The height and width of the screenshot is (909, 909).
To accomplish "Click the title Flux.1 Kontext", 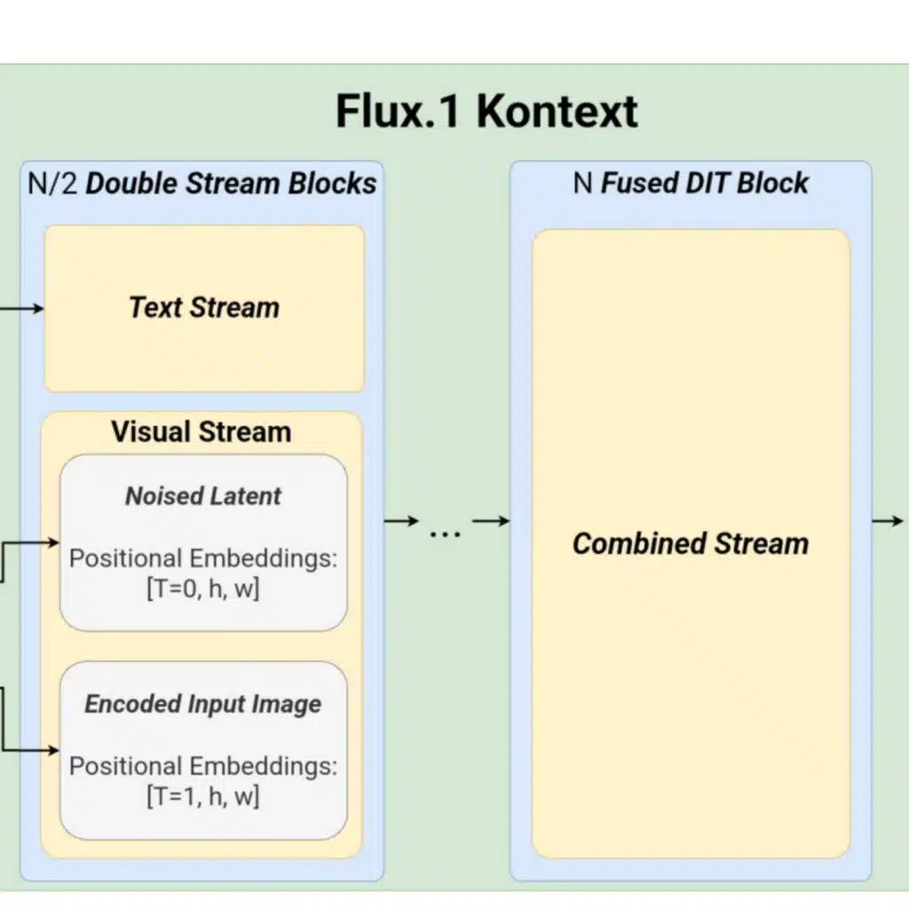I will point(486,112).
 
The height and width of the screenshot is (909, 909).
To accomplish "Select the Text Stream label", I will point(204,307).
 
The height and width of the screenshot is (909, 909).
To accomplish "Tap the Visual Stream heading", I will point(201,431).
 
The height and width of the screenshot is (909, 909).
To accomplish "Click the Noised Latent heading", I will point(202,495).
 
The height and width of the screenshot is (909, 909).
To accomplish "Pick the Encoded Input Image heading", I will point(202,704).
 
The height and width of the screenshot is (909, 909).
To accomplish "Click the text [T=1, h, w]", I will point(202,796).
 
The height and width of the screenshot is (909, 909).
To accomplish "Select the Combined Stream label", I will point(691,543).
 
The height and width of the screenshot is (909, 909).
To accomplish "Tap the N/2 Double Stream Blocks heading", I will point(202,183).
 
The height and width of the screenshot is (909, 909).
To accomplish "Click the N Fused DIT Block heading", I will point(691,183).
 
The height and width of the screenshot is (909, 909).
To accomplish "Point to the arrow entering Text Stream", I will point(22,308).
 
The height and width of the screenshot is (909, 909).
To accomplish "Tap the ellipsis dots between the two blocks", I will point(445,534).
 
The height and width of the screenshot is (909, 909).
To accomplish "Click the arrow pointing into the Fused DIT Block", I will point(491,521).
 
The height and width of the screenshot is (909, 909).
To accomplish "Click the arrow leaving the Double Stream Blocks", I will point(401,521).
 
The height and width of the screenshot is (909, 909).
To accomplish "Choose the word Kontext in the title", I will point(557,112).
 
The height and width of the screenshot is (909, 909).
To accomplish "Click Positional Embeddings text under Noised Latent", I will point(202,558).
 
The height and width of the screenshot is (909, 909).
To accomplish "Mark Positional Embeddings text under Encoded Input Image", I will point(202,766).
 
